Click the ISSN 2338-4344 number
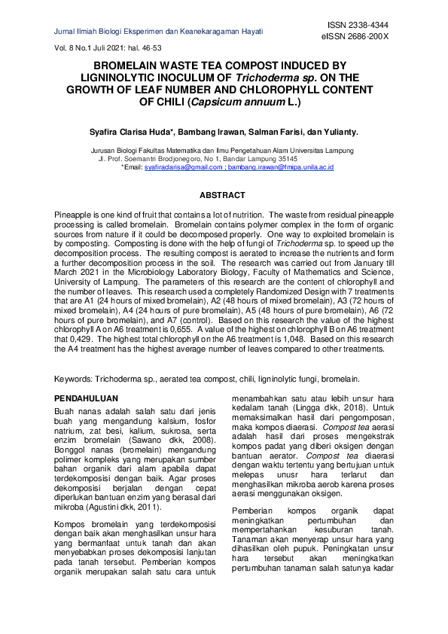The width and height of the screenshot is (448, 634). coord(364,25)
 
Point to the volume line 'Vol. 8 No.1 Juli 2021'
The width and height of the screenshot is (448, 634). coord(108,47)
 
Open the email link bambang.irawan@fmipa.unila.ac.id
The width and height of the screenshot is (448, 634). coord(281,167)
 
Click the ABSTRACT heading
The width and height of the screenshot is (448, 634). coord(224,195)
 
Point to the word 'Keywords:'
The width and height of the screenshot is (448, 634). coord(74,379)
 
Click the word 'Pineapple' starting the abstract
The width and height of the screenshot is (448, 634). coord(72,215)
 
